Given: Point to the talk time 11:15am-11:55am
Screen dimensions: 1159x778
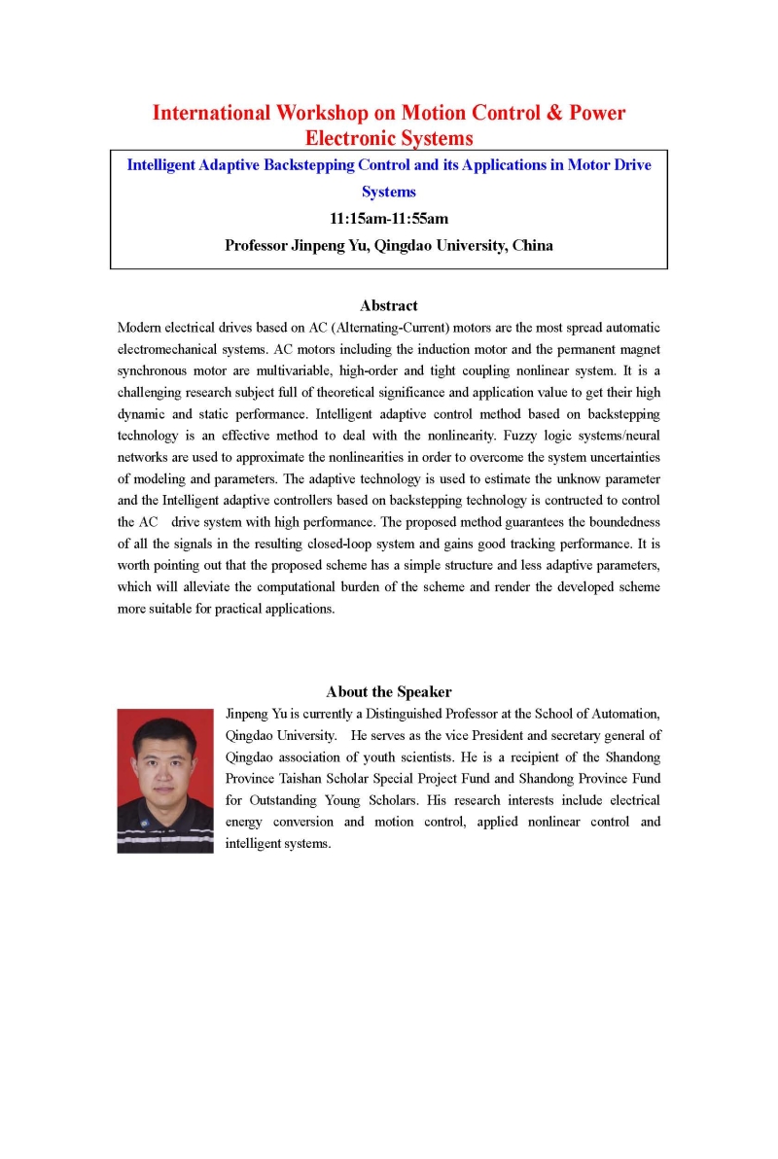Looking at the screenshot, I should (x=389, y=219).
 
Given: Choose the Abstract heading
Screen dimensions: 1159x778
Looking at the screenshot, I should (x=389, y=305).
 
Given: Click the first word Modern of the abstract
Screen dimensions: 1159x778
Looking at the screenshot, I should (x=141, y=327).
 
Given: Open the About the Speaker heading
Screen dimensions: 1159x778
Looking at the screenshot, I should (x=389, y=692).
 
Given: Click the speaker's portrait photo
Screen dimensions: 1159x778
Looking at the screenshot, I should (x=165, y=781).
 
